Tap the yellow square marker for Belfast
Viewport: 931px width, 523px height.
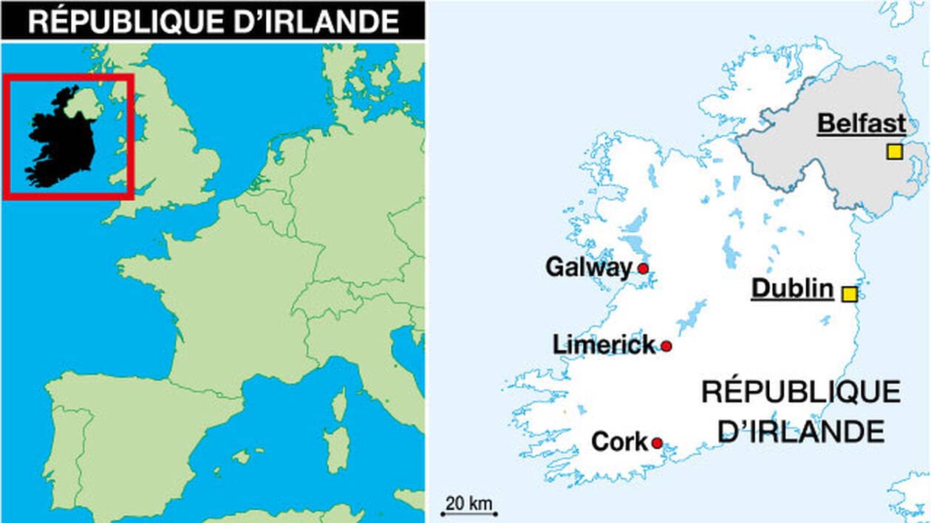(x=894, y=152)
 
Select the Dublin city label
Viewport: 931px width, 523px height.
(x=792, y=289)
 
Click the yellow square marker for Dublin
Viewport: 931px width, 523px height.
(x=850, y=294)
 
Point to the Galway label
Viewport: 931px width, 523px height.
(x=589, y=267)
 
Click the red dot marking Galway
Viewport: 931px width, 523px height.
(x=643, y=268)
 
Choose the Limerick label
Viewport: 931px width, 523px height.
(x=604, y=344)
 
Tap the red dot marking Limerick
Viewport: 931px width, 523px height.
(x=666, y=346)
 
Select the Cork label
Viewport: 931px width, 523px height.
(x=619, y=442)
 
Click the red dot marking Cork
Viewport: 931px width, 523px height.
(x=656, y=443)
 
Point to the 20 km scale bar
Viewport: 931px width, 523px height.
(x=470, y=513)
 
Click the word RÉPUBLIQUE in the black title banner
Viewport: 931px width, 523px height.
(x=118, y=21)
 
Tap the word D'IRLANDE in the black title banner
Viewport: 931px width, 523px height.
(x=310, y=21)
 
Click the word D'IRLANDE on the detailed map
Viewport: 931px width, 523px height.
(x=801, y=431)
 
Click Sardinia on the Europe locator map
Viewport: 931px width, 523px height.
(x=337, y=450)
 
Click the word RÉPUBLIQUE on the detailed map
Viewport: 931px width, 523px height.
(x=801, y=392)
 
